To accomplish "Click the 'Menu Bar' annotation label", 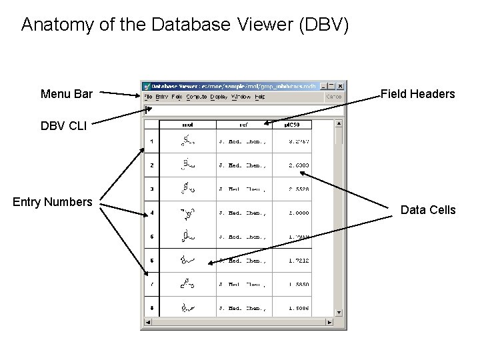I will (67, 94).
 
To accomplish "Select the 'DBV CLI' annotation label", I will (63, 126).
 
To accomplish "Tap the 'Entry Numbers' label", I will (53, 201).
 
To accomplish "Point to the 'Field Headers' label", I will (418, 94).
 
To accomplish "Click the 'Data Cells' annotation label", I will (428, 210).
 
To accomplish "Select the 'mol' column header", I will (189, 124).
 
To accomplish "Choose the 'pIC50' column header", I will (292, 124).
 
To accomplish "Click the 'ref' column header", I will (245, 124).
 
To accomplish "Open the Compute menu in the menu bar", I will (197, 97).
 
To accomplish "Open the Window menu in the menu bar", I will (241, 97).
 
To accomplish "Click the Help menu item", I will (260, 97).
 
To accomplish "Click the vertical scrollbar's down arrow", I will (339, 312).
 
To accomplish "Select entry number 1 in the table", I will (152, 141).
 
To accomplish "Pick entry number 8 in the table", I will (152, 308).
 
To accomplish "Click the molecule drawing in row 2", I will (189, 165).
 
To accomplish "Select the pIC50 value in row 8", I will (299, 308).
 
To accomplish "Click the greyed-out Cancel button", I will (334, 97).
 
